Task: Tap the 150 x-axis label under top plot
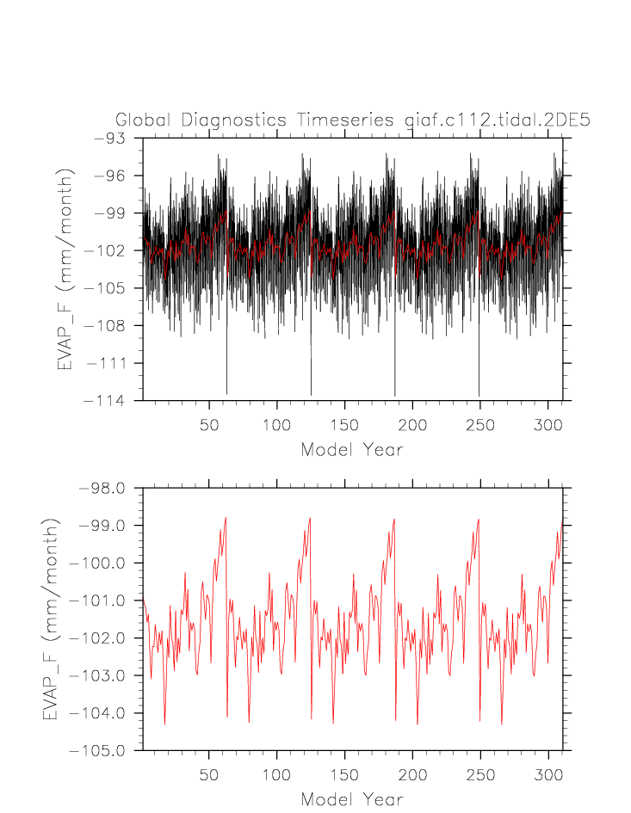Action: click(x=344, y=425)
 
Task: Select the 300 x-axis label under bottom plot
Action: click(x=547, y=775)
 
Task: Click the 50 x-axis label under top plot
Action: click(x=209, y=425)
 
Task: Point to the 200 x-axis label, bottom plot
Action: click(x=412, y=775)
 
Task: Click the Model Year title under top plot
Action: click(x=351, y=449)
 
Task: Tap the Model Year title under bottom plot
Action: click(x=351, y=799)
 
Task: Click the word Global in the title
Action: click(x=144, y=120)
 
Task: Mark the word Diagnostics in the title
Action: click(x=232, y=120)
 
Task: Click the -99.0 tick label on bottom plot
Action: click(x=102, y=526)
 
